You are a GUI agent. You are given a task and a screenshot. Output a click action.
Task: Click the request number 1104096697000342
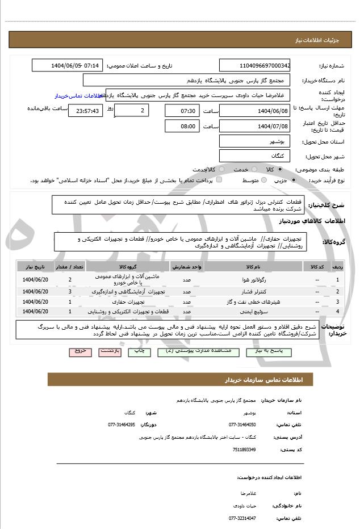tap(254, 66)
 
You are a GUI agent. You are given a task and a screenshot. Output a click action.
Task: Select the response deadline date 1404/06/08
tap(254, 110)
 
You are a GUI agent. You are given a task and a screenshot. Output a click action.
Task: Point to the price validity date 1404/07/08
tap(254, 126)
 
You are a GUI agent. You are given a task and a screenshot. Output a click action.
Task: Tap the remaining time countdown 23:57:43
tap(85, 111)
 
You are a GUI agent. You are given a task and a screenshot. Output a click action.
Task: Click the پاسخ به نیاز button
tap(261, 351)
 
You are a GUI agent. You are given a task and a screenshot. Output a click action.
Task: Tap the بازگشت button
tap(110, 351)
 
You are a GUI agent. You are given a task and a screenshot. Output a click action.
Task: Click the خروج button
tap(80, 351)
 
